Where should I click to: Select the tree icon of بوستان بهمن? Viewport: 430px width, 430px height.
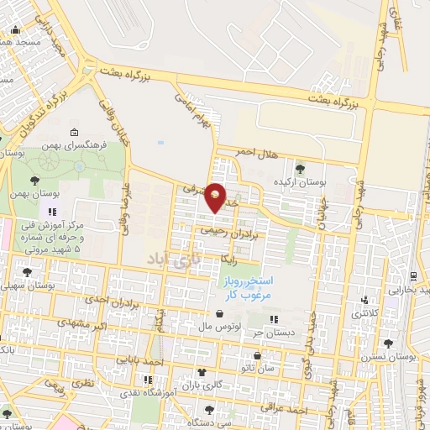35,180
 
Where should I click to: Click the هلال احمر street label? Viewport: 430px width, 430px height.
256,151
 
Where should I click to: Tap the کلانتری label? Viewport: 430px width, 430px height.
362,313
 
